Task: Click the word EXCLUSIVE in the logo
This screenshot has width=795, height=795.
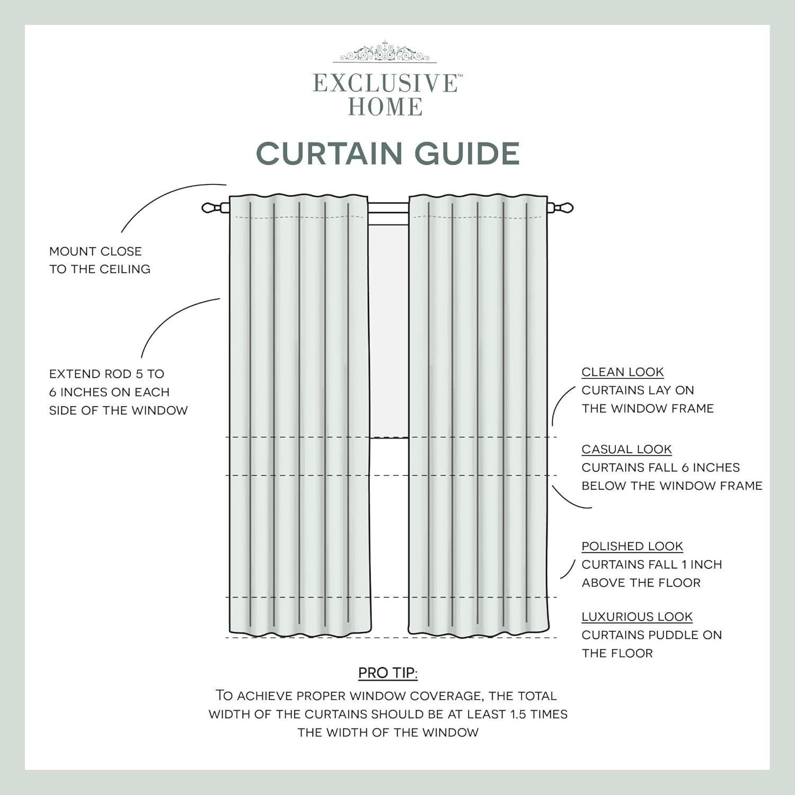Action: click(x=385, y=84)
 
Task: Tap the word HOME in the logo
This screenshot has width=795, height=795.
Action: click(x=385, y=107)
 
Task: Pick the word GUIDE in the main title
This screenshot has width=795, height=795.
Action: click(x=467, y=154)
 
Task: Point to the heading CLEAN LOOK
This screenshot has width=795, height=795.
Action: click(x=622, y=372)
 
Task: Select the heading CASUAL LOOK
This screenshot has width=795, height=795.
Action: click(x=626, y=449)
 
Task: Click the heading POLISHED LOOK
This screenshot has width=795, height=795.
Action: click(x=632, y=546)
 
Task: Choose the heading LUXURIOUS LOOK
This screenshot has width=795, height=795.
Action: click(x=637, y=617)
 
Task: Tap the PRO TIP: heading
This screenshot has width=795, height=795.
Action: click(x=387, y=673)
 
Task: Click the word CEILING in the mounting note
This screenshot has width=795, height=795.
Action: click(x=125, y=269)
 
